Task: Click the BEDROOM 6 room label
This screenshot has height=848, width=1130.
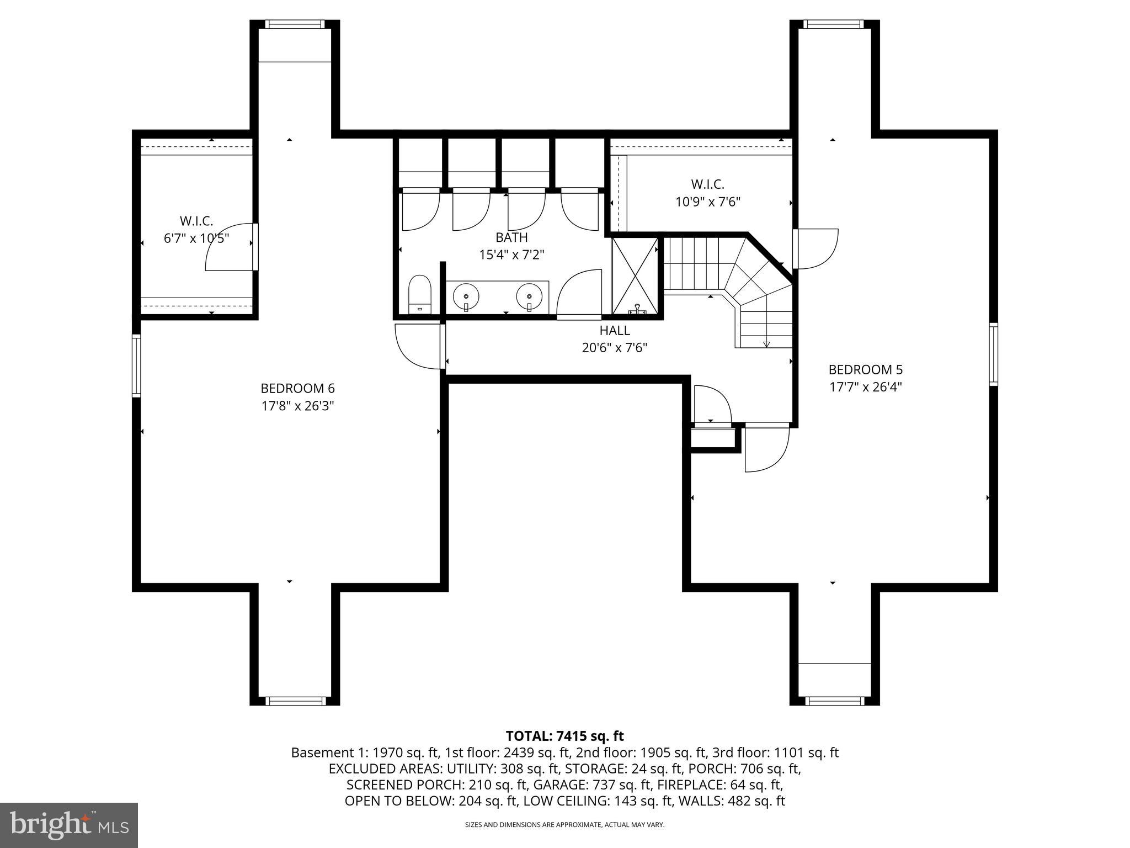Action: click(x=297, y=388)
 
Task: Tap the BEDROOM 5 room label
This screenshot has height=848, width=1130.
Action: click(x=865, y=369)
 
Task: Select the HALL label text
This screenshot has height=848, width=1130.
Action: click(x=615, y=331)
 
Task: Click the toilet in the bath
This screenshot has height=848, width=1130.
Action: click(x=419, y=294)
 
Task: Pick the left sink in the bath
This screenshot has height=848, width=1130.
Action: click(x=466, y=297)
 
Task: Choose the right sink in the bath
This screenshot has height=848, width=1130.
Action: click(x=529, y=297)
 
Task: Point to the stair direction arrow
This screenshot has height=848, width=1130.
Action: click(x=766, y=343)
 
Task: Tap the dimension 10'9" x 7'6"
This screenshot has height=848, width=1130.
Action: click(x=707, y=202)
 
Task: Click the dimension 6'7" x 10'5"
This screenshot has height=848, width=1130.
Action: click(x=196, y=239)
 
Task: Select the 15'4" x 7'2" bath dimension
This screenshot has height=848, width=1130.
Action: click(x=511, y=255)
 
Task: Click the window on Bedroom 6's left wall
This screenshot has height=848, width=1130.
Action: click(x=136, y=365)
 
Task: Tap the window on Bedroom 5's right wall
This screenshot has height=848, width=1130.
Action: click(x=993, y=354)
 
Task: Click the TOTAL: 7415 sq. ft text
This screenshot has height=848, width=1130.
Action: click(x=564, y=736)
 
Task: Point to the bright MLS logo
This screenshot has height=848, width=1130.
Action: click(x=68, y=825)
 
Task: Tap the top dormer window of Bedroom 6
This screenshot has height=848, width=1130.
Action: click(x=294, y=24)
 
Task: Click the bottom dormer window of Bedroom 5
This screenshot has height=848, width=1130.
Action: click(x=834, y=701)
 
